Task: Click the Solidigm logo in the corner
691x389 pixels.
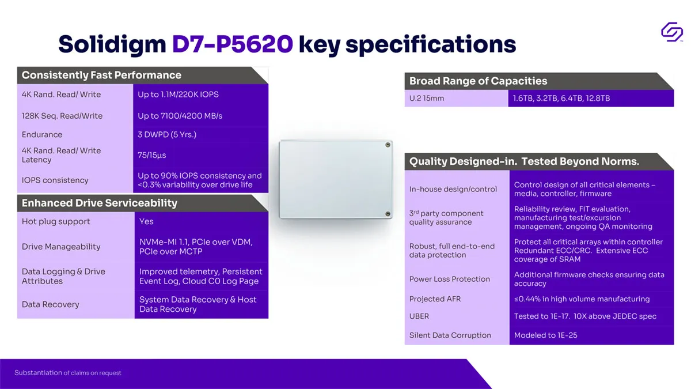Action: pos(672,32)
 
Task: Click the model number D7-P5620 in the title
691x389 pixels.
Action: pos(232,44)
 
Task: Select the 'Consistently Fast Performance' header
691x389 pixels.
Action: pos(101,75)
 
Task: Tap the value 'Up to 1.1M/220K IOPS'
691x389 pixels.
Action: pos(178,95)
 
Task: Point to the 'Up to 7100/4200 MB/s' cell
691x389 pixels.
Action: pos(180,116)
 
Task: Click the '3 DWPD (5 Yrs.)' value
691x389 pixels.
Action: pos(167,135)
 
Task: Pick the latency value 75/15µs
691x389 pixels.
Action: pos(152,155)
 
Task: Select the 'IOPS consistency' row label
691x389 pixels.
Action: pos(55,180)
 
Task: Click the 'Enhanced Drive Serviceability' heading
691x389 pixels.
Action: pos(99,203)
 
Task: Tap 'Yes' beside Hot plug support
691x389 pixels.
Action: pos(146,221)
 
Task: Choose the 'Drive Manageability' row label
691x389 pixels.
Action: pos(61,247)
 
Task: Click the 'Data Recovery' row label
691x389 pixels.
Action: pos(50,304)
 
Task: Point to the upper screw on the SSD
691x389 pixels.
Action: pos(388,145)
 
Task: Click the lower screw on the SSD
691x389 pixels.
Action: pos(388,214)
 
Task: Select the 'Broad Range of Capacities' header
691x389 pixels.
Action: pos(478,81)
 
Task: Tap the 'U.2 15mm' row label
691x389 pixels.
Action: pos(427,98)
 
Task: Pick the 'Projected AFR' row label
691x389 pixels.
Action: pos(435,299)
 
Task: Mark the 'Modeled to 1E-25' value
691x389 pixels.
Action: pos(545,335)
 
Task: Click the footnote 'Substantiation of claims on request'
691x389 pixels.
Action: pos(68,373)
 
